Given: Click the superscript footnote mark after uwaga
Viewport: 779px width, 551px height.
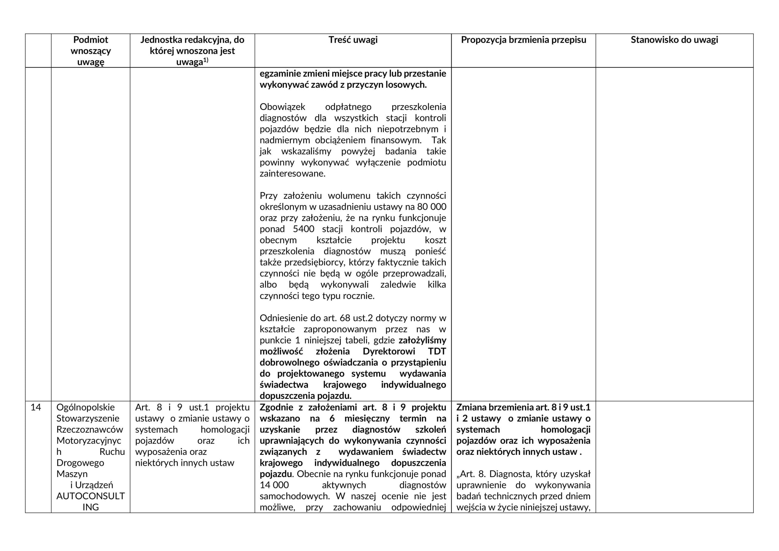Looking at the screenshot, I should point(206,60).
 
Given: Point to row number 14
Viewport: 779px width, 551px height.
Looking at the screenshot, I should point(36,407).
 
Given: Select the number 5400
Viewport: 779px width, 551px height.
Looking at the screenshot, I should point(304,229).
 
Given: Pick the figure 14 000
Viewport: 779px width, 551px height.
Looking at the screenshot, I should point(274,485).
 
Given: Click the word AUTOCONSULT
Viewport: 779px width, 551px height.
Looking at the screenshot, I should point(91,496).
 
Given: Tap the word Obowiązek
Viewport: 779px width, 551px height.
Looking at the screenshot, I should point(282,107).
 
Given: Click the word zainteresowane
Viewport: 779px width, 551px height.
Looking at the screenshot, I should point(292,174).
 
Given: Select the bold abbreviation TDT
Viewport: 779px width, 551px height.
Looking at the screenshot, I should point(437,351).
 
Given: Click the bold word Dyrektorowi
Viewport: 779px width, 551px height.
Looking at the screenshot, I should point(389,351).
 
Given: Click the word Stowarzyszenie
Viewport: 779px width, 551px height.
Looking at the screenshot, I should point(88,419).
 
